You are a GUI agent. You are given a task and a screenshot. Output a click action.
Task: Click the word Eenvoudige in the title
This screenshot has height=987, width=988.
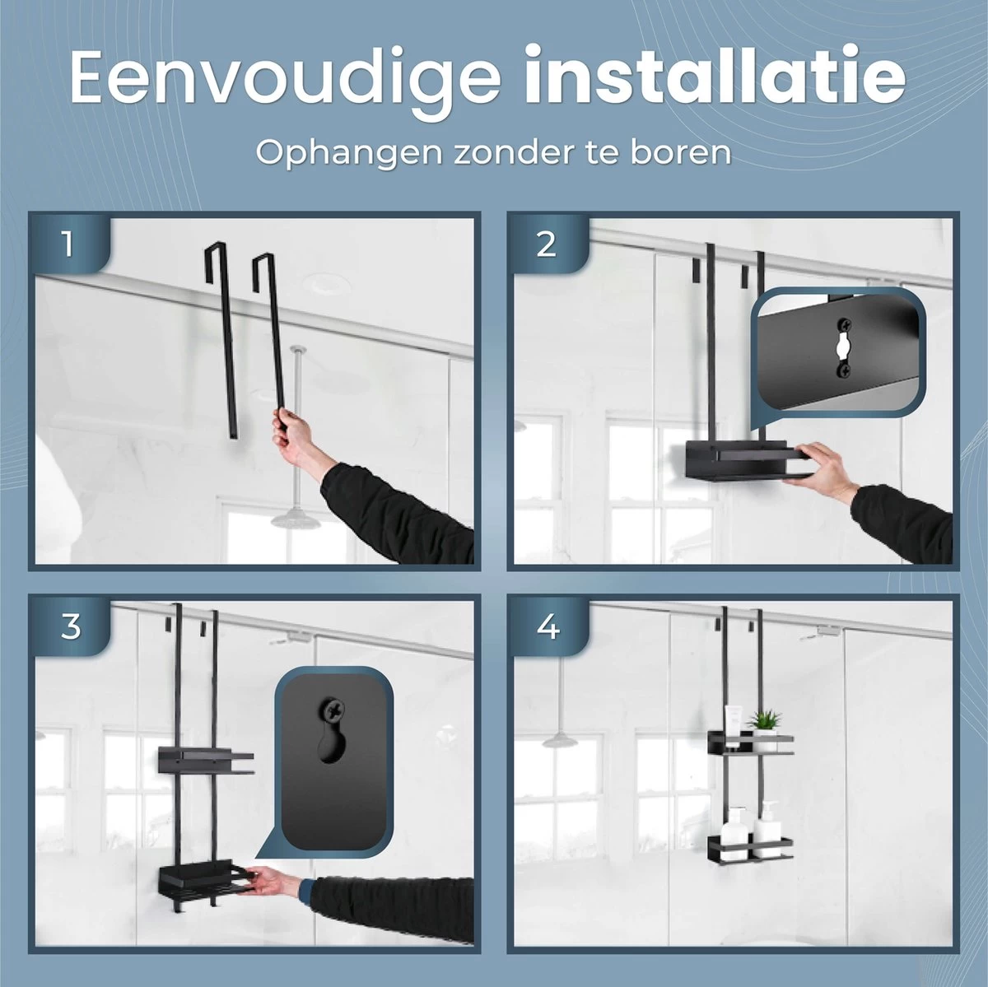coord(285,81)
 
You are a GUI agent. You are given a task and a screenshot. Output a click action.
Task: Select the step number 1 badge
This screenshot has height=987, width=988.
coord(68,244)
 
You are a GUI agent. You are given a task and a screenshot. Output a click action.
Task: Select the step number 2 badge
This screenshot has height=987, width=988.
coord(546,244)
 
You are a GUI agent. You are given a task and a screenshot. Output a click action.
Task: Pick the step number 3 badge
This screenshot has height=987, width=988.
coord(71,626)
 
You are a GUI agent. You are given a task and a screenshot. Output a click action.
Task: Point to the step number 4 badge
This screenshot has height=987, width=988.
coord(548,626)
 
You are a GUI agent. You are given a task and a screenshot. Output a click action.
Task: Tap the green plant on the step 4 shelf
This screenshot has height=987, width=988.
coord(765,720)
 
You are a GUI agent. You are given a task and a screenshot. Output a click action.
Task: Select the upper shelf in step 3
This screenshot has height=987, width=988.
coord(206,761)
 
